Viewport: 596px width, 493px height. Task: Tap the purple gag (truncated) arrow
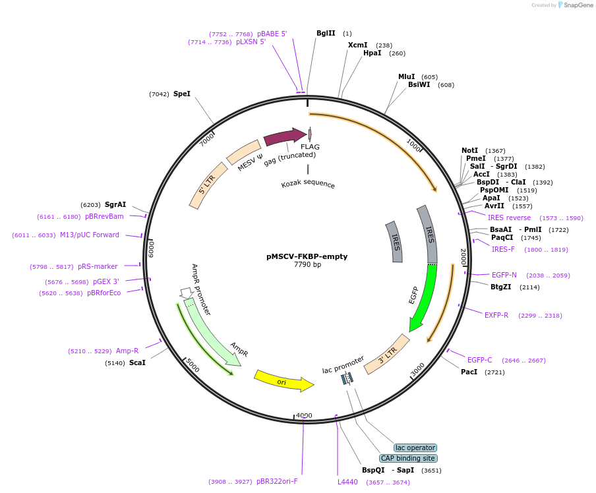pos(285,136)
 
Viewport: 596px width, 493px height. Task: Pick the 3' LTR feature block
pos(387,355)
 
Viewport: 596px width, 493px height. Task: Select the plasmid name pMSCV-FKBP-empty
pos(307,256)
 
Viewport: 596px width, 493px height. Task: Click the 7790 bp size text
pos(307,265)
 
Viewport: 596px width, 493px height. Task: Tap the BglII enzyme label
pos(326,33)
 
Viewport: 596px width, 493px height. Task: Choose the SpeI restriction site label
pos(181,94)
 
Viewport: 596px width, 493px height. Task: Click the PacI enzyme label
pos(469,372)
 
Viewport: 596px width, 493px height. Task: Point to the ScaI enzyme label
pos(137,362)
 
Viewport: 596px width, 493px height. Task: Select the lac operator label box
pos(415,448)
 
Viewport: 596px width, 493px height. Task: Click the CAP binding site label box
pos(408,458)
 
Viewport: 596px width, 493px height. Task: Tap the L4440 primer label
pos(347,482)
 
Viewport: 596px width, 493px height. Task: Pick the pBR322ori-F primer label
pos(277,482)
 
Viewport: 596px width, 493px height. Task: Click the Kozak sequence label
pos(308,185)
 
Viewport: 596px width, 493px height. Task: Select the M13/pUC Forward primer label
pos(90,235)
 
